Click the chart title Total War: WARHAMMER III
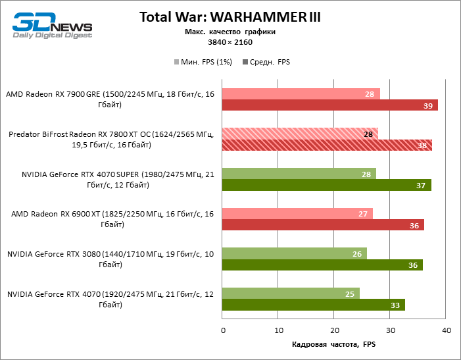tap(230, 17)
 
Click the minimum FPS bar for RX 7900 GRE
tap(301, 94)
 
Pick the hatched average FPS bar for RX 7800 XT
tap(328, 146)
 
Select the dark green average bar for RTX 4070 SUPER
tap(327, 186)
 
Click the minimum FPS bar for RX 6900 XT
tap(297, 214)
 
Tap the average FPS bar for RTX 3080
tap(322, 265)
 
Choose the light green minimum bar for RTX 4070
tap(291, 294)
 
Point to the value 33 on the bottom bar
tap(396, 305)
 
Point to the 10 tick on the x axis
tap(279, 330)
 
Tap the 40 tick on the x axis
tap(447, 330)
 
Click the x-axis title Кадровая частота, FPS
tap(334, 345)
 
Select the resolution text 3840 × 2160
tap(230, 42)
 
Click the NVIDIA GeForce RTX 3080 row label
tap(110, 259)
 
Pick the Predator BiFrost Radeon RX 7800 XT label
tap(110, 140)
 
